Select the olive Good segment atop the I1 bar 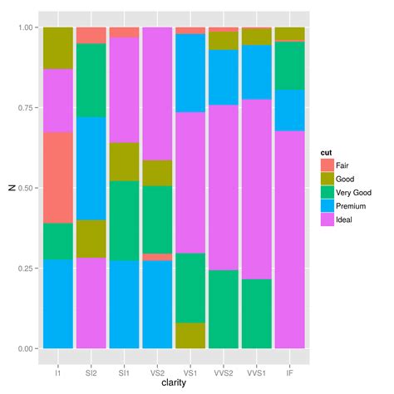[x=57, y=48]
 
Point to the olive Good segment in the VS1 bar [x=190, y=335]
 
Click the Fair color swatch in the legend [x=328, y=166]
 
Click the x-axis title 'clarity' [x=174, y=381]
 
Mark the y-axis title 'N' [x=10, y=188]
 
